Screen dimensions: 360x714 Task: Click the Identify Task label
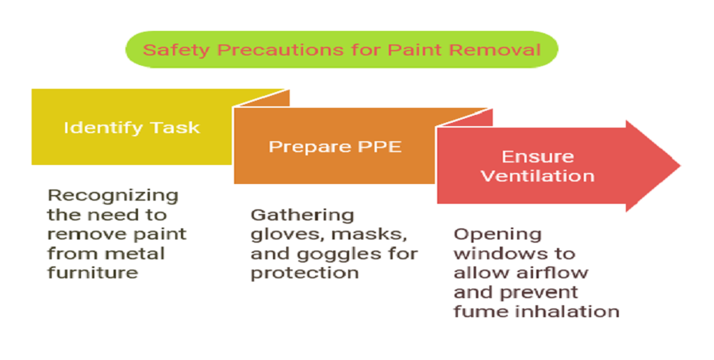tap(132, 127)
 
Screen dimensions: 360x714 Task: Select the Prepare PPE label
tap(335, 147)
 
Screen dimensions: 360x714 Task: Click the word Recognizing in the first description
tap(113, 195)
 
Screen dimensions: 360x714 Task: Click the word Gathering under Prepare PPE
tap(302, 215)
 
